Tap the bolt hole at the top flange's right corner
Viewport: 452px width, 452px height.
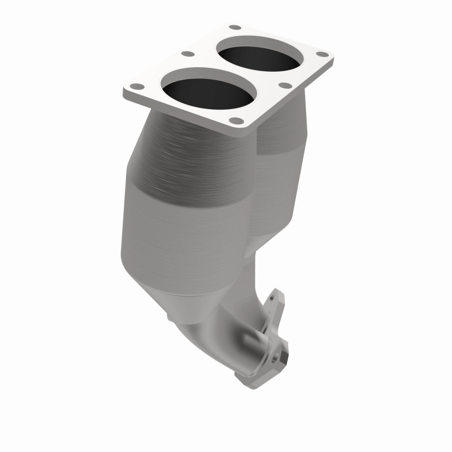point(322,54)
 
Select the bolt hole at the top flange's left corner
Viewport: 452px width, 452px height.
point(136,87)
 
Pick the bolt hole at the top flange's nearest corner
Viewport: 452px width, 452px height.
point(238,120)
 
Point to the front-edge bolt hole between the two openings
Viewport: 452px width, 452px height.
point(285,86)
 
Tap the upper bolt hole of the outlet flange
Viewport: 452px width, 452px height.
point(276,295)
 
